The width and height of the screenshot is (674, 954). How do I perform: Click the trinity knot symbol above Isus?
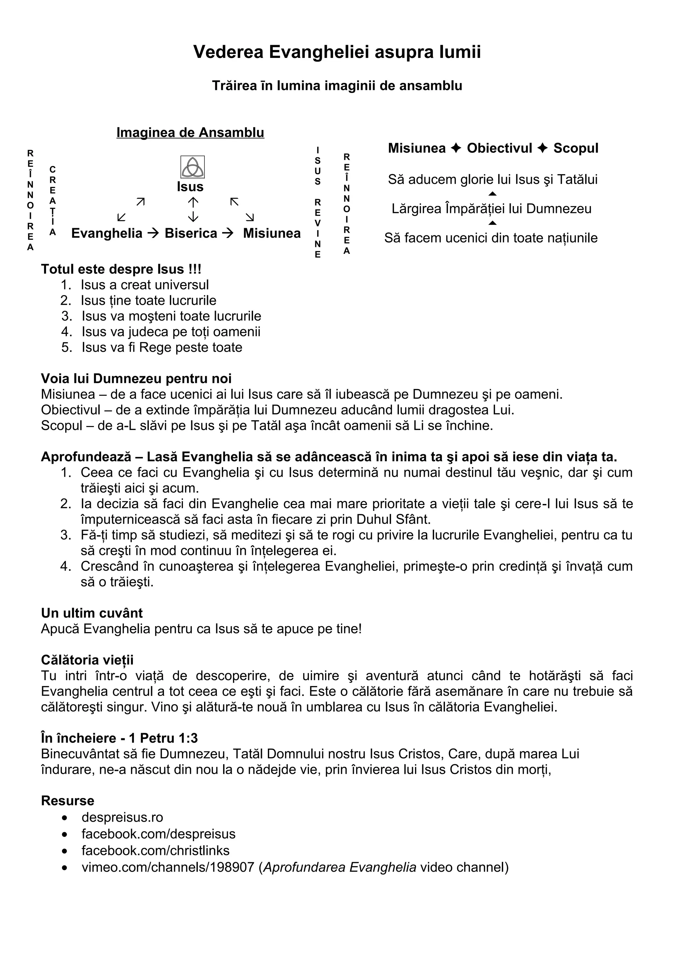[192, 167]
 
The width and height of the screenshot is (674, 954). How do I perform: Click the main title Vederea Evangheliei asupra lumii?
[337, 52]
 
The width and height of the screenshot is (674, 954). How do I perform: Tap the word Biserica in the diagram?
[191, 233]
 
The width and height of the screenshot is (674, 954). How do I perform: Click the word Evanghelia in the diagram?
[107, 233]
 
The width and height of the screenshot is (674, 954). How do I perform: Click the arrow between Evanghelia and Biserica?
[153, 233]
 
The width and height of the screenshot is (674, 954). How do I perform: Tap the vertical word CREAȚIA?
[52, 201]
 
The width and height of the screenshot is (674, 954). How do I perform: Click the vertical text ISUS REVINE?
[318, 202]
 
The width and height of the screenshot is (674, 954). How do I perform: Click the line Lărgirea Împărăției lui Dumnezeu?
[491, 209]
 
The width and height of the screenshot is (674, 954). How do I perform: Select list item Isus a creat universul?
[144, 285]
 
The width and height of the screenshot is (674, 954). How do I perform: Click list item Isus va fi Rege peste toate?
[162, 347]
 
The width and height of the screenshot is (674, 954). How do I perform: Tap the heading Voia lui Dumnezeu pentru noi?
[136, 378]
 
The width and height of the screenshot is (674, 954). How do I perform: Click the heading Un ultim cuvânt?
[92, 613]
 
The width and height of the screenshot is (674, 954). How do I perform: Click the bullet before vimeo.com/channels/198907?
[65, 867]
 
